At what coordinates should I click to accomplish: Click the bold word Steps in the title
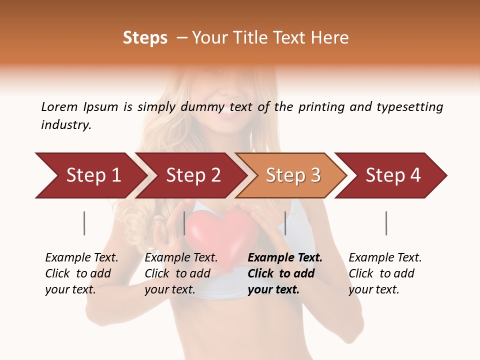pyautogui.click(x=145, y=38)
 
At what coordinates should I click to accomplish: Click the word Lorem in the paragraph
pyautogui.click(x=59, y=106)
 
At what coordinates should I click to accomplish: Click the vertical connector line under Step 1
pyautogui.click(x=84, y=223)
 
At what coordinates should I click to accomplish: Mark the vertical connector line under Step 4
pyautogui.click(x=386, y=223)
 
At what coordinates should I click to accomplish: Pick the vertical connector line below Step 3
pyautogui.click(x=285, y=223)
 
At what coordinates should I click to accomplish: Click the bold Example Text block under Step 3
pyautogui.click(x=285, y=273)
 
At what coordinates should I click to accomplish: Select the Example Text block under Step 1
pyautogui.click(x=81, y=273)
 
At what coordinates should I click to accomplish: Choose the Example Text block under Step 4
pyautogui.click(x=385, y=273)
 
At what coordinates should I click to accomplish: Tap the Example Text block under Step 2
pyautogui.click(x=181, y=273)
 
